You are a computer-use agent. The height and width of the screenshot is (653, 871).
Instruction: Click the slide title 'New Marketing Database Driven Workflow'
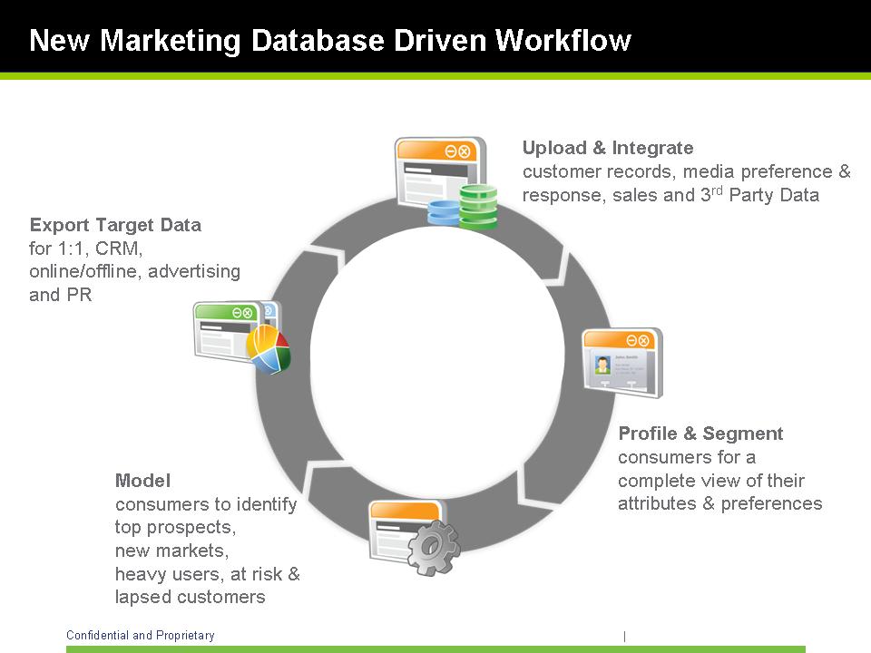pos(330,41)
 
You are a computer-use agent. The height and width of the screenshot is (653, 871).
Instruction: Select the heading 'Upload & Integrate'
pos(608,148)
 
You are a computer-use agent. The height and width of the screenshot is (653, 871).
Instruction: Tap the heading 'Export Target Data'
pos(115,225)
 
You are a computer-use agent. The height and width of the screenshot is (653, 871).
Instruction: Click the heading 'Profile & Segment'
pos(700,434)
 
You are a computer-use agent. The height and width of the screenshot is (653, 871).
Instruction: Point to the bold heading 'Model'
pos(142,481)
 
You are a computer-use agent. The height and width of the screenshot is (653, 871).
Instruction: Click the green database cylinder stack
pos(478,206)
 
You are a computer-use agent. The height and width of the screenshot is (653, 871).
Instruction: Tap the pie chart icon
pos(269,349)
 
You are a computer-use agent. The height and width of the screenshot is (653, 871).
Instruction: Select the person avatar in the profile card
pos(602,365)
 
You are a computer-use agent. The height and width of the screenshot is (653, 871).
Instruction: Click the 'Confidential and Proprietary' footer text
pos(141,636)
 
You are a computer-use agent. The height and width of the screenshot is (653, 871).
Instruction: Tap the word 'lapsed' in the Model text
pos(141,597)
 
